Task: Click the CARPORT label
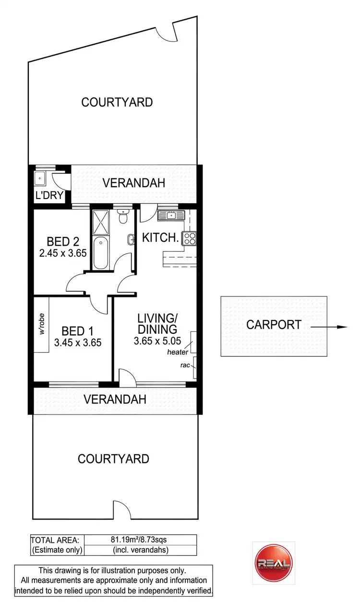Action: coord(274,325)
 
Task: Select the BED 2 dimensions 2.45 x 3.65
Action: coord(63,252)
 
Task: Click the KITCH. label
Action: coord(160,237)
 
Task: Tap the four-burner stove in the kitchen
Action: coord(189,238)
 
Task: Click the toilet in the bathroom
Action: coord(123,217)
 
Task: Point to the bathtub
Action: coord(101,252)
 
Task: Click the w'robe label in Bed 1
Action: coord(42,325)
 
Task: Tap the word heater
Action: coord(177,353)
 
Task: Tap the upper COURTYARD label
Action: coord(117,102)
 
